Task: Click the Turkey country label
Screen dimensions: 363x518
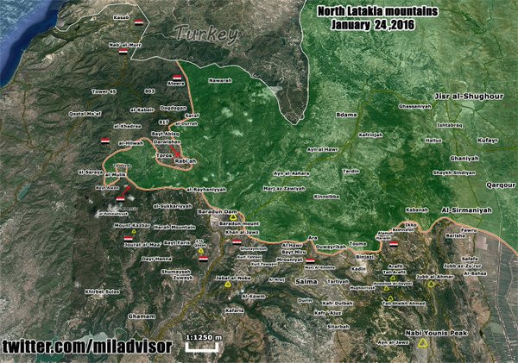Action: click(205, 35)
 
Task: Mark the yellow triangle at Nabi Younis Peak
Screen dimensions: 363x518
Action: click(423, 344)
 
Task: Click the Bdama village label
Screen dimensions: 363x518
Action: click(346, 115)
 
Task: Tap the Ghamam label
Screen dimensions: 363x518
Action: click(140, 316)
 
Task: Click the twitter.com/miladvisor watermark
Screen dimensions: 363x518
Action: click(86, 347)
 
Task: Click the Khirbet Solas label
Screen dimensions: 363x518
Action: click(100, 291)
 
